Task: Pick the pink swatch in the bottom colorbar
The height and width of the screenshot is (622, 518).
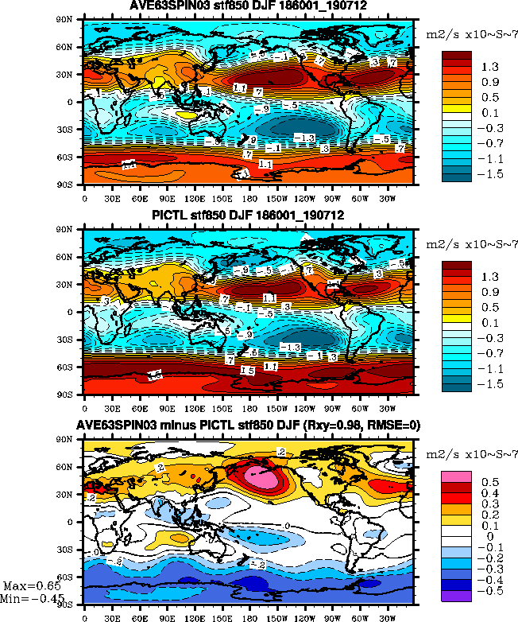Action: [457, 476]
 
